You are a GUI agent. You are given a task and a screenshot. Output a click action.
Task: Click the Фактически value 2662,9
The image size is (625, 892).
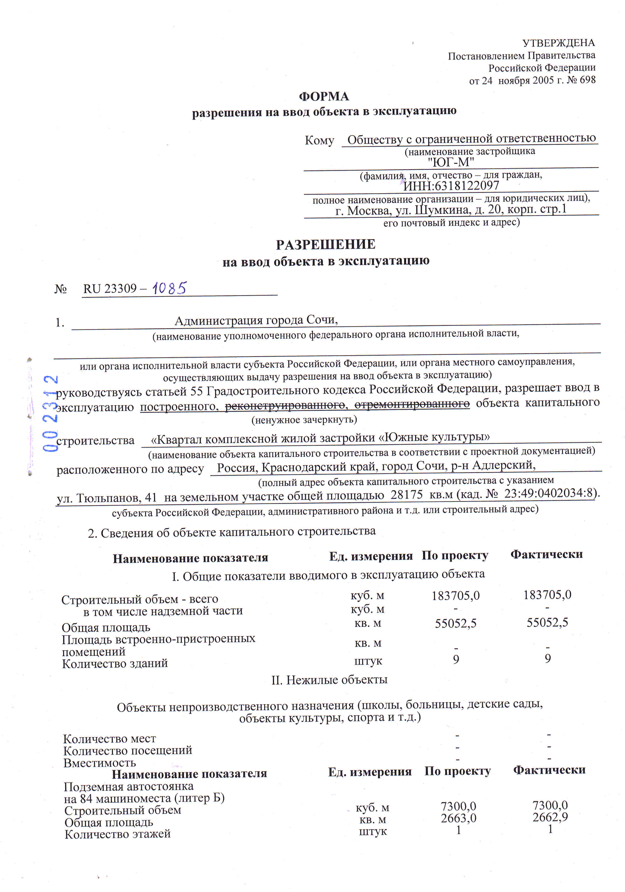(550, 817)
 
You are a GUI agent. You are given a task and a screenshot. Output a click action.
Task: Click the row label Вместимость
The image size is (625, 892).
(99, 763)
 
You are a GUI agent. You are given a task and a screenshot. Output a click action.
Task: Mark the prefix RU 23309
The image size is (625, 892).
(110, 289)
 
